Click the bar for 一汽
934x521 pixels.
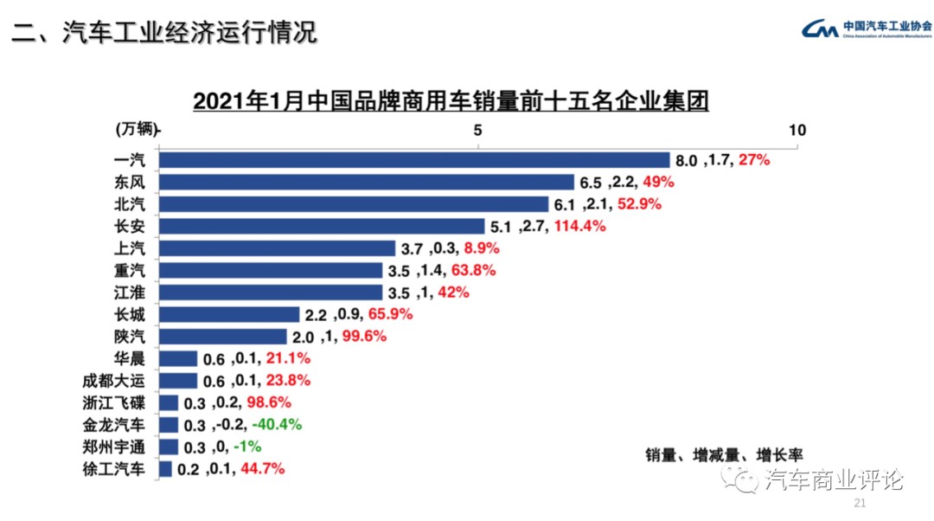415,160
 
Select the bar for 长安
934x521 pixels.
322,227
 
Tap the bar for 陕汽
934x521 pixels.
223,337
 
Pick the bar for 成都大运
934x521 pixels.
178,381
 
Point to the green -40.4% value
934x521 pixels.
277,425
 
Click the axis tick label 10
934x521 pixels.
796,130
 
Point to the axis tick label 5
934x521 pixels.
477,130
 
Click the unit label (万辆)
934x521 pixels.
136,129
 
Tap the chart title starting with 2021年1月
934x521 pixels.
451,101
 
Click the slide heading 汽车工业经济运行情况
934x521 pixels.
163,33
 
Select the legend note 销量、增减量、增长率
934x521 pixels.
724,453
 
